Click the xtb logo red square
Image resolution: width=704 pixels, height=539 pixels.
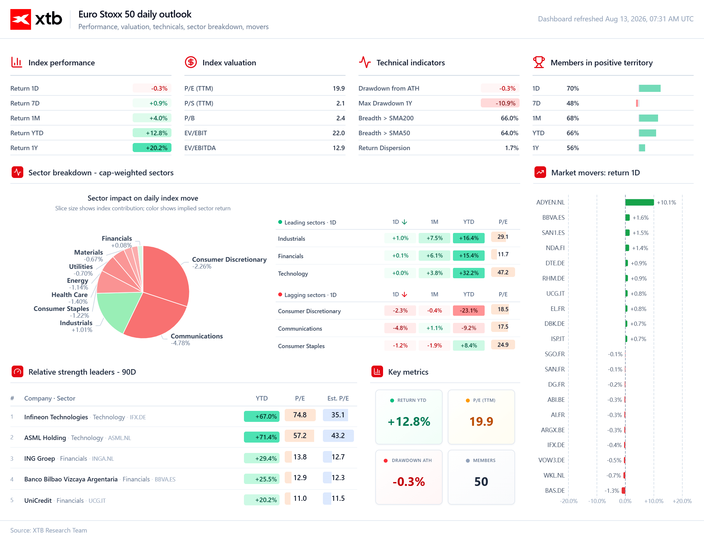pos(21,19)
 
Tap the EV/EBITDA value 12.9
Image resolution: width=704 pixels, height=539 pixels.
pos(339,148)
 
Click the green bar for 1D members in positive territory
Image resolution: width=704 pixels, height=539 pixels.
pos(650,88)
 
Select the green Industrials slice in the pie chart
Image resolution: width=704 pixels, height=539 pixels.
pos(116,311)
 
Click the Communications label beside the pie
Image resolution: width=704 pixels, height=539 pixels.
pos(197,336)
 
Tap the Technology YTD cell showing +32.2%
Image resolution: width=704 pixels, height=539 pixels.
pos(469,273)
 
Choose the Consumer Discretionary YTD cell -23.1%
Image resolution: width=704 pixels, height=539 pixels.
pos(469,310)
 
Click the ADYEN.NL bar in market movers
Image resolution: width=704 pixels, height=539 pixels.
pos(640,202)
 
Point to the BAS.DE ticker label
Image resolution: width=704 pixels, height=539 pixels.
pos(555,490)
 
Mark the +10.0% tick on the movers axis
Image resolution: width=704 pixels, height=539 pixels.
pos(654,501)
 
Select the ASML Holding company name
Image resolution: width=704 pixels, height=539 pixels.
pos(45,438)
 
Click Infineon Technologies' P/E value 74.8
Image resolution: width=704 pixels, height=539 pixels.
pos(300,415)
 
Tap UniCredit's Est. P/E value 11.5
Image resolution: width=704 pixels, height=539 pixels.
pos(338,498)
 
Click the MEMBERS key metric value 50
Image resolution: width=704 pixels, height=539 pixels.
pos(481,482)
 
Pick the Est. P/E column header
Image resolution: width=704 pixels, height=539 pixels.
pos(338,398)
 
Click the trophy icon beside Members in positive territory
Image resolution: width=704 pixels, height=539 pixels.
pos(539,62)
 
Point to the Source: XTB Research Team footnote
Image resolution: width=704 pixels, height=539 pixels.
pos(49,530)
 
